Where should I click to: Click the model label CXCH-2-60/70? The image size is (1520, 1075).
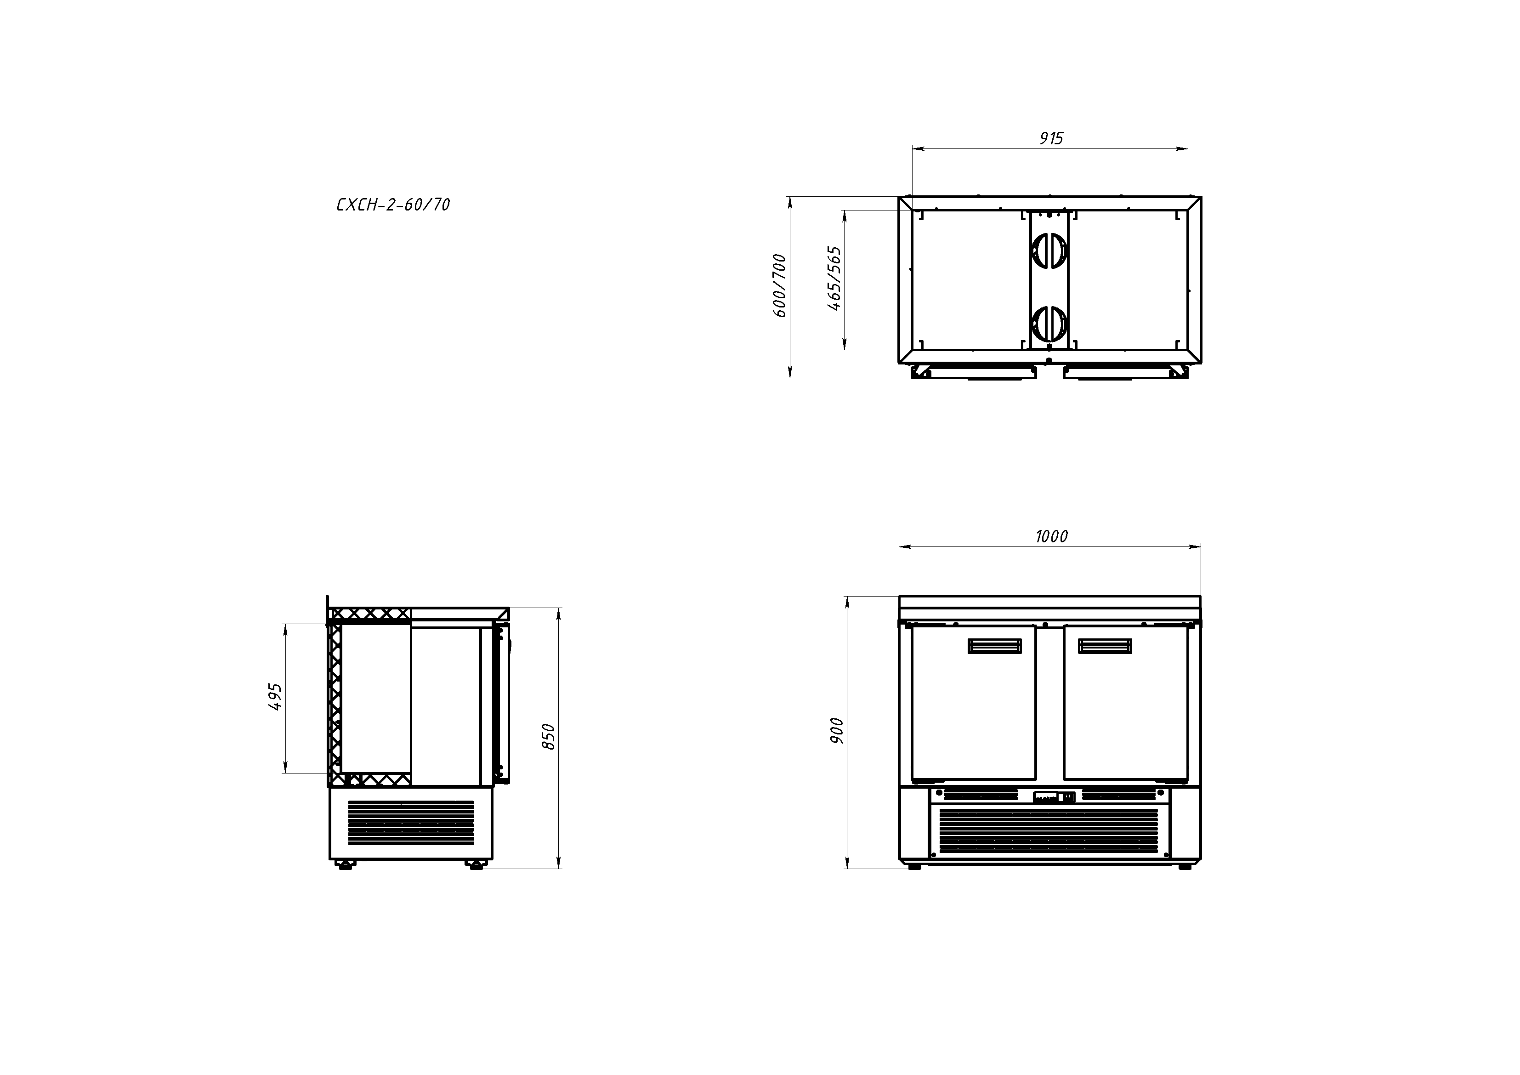click(x=393, y=205)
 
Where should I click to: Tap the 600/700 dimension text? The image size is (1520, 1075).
click(x=781, y=285)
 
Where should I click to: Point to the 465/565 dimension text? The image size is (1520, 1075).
click(x=835, y=279)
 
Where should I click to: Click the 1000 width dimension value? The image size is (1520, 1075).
click(x=1051, y=536)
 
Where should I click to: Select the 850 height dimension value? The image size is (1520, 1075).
click(x=548, y=737)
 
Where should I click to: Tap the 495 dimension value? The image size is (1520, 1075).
click(x=275, y=697)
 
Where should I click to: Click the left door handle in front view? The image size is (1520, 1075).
click(x=994, y=646)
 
